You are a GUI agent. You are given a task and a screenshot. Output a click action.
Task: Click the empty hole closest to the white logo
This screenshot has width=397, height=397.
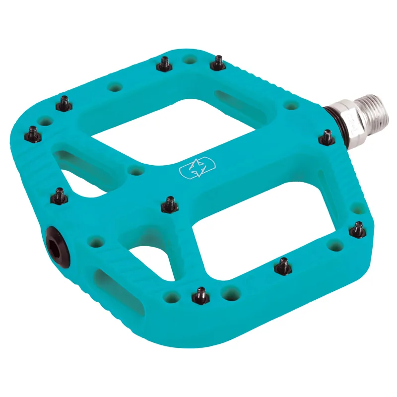point(135,171)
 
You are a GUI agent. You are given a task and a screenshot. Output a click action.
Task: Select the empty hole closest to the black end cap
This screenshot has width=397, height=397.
point(94,242)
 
